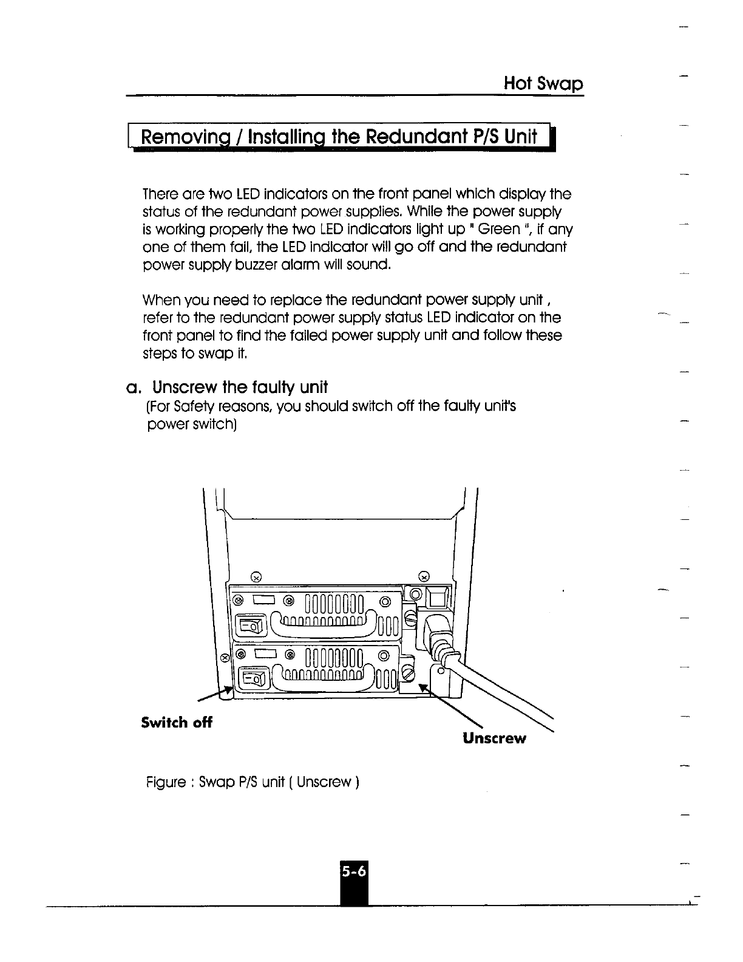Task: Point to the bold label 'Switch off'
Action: [177, 723]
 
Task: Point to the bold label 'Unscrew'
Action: [494, 739]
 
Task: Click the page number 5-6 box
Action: [354, 872]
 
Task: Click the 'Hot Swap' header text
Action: [543, 83]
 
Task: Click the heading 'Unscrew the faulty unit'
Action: [240, 387]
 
